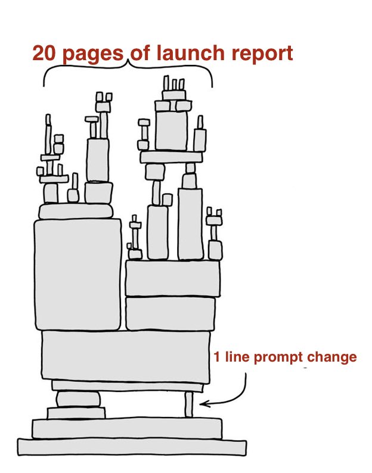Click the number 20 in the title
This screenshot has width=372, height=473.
[x=45, y=53]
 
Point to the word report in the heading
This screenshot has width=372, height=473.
[x=262, y=55]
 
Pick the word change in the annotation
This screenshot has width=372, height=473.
[x=332, y=358]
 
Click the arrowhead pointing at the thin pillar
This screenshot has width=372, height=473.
[x=204, y=403]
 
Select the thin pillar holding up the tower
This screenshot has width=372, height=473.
[x=189, y=404]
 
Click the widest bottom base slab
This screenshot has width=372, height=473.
[x=132, y=447]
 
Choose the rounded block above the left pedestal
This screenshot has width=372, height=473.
[x=78, y=399]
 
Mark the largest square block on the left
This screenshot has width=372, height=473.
[x=78, y=275]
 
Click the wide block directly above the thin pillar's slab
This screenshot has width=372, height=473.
[x=126, y=357]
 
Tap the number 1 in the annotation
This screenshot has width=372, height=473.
[x=217, y=357]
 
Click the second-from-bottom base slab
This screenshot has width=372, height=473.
[x=127, y=428]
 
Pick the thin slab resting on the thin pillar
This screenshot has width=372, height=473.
[x=128, y=386]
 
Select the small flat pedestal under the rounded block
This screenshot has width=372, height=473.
[x=76, y=413]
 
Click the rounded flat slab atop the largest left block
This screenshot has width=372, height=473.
[x=76, y=211]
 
